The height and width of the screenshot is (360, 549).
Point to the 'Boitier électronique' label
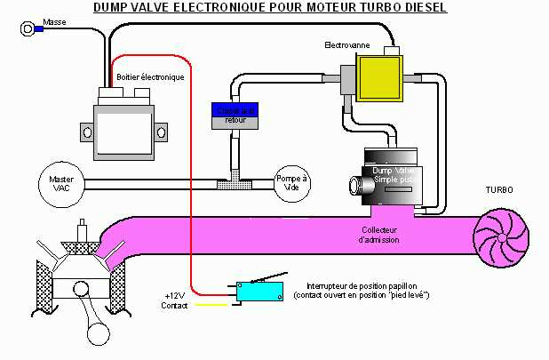click(x=150, y=77)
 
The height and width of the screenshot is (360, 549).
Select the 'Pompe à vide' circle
click(x=290, y=183)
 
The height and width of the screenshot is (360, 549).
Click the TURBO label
click(x=497, y=190)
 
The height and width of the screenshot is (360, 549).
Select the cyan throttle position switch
click(x=259, y=290)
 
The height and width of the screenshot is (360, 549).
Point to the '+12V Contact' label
click(x=175, y=300)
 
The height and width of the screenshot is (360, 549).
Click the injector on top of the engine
click(x=82, y=233)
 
